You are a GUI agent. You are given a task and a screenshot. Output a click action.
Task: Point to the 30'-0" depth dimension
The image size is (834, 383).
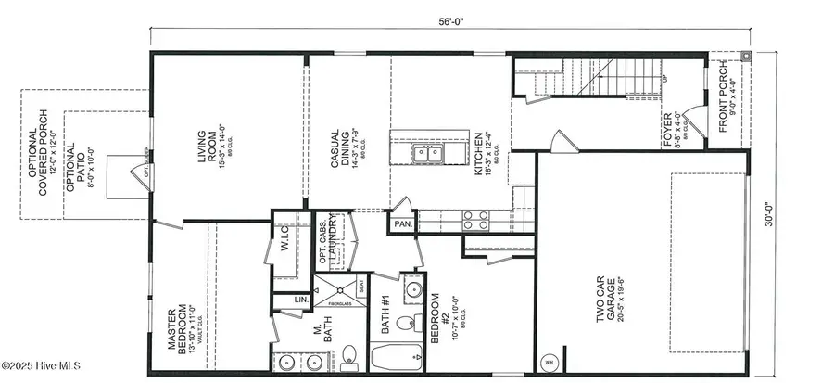[x=785, y=213]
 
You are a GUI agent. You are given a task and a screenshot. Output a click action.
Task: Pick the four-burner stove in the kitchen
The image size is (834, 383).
[x=474, y=220]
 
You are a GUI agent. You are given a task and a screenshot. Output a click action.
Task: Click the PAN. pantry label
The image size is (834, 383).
[x=404, y=223]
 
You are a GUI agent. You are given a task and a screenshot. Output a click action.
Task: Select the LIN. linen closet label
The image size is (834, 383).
[x=277, y=300]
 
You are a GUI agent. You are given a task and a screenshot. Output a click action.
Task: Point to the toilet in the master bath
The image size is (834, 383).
[x=349, y=353]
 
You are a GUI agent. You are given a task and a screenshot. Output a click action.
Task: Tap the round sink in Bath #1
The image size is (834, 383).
[x=405, y=323]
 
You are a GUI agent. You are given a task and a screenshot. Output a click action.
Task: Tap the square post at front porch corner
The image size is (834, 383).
[x=746, y=57]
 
